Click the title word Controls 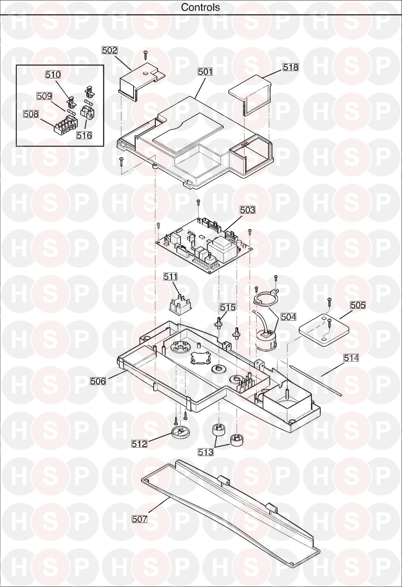click(201, 7)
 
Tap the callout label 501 click(205, 71)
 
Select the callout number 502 click(110, 50)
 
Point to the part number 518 click(291, 67)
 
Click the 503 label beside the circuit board click(247, 209)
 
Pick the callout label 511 click(170, 276)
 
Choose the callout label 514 click(351, 358)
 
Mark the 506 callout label click(98, 381)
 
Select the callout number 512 click(139, 444)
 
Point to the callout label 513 click(206, 452)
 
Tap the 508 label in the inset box click(31, 114)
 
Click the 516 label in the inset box click(84, 135)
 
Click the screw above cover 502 click(146, 55)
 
